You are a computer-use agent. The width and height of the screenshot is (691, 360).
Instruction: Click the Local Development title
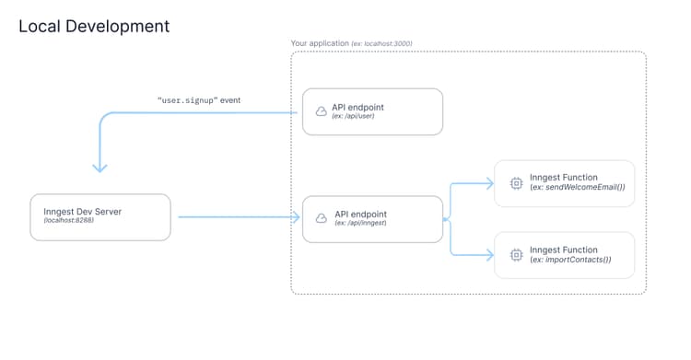click(x=94, y=26)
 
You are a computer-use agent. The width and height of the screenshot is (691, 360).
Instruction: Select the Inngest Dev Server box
click(x=100, y=217)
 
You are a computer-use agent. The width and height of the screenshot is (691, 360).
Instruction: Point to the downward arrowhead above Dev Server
click(x=100, y=168)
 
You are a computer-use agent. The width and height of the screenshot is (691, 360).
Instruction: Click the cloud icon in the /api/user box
click(x=321, y=111)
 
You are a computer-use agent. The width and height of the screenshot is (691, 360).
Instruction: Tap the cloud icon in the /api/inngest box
click(x=321, y=218)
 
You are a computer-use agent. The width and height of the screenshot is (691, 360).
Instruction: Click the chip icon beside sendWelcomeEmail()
click(x=516, y=182)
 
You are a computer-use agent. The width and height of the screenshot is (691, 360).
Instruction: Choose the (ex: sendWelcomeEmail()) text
click(x=578, y=188)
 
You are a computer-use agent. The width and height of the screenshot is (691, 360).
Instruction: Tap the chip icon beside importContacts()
click(x=516, y=254)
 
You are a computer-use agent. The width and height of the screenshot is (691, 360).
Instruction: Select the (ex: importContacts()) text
click(x=570, y=260)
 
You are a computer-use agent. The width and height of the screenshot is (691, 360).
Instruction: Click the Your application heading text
click(x=319, y=43)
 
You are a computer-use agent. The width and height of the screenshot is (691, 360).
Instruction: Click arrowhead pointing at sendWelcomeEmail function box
click(x=489, y=182)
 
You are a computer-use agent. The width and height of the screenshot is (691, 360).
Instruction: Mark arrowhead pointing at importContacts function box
click(x=489, y=255)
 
